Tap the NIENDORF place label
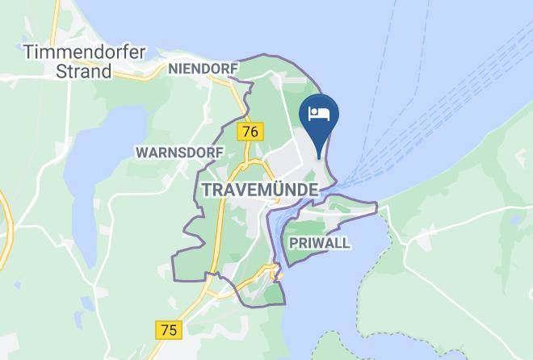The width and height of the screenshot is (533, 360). pyautogui.click(x=203, y=69)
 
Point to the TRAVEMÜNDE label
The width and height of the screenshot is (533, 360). pyautogui.click(x=258, y=187)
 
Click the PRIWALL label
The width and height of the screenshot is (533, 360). pyautogui.click(x=317, y=244)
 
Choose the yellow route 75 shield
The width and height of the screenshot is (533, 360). pyautogui.click(x=170, y=329)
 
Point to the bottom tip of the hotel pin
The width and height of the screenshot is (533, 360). pyautogui.click(x=320, y=158)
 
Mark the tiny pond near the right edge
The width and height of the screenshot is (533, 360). pyautogui.click(x=514, y=218)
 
